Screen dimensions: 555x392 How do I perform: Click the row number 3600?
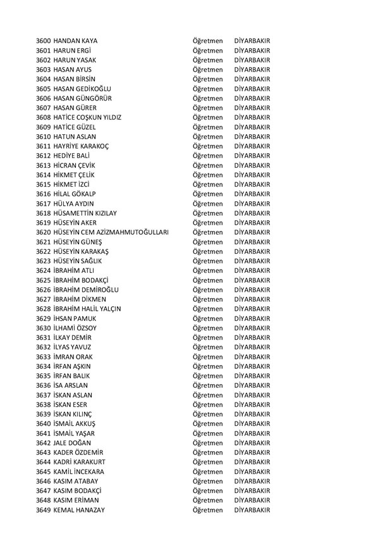click(44, 41)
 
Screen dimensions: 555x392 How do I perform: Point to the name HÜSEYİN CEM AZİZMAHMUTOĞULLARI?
click(111, 232)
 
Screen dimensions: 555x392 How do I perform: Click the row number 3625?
click(44, 280)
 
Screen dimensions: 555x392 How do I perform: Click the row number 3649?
click(44, 510)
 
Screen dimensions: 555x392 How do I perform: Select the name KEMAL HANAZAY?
click(79, 510)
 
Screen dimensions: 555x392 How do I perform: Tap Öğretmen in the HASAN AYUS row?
click(208, 70)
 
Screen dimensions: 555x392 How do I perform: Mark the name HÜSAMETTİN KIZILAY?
click(85, 213)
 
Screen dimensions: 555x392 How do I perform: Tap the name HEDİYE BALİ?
click(75, 156)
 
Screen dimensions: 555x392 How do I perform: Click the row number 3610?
click(44, 137)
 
